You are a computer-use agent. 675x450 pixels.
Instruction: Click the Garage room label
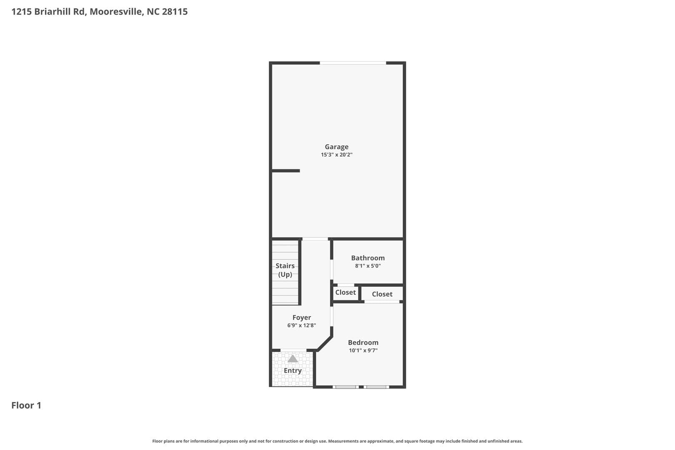tap(337, 147)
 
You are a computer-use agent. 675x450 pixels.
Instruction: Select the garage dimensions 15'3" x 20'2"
tap(337, 155)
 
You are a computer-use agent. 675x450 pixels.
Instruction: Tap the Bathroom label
tap(367, 258)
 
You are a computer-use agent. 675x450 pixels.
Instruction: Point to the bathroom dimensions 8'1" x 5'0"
tap(367, 266)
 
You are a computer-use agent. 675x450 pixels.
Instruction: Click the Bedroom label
tap(363, 342)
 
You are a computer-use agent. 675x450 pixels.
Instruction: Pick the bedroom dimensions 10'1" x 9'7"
tap(363, 350)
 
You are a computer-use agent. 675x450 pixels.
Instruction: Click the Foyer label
tap(302, 317)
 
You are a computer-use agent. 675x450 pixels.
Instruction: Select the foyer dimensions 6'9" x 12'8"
tap(302, 325)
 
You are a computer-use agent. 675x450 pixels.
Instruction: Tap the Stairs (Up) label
tap(285, 270)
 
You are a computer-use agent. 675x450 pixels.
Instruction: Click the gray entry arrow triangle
tap(293, 359)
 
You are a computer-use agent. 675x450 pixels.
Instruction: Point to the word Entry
tap(292, 370)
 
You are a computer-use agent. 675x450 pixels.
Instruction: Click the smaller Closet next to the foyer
tap(345, 292)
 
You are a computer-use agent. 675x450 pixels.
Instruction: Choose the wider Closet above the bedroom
tap(382, 294)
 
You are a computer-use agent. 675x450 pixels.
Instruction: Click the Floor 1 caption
tap(26, 405)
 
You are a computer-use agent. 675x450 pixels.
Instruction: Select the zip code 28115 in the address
tap(175, 12)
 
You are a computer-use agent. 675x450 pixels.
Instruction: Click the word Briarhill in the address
tap(53, 12)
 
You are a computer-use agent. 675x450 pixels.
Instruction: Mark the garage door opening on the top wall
tap(353, 63)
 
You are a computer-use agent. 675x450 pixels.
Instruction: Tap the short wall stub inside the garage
tap(286, 171)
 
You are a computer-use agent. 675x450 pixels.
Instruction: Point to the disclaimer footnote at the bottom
tap(337, 441)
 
